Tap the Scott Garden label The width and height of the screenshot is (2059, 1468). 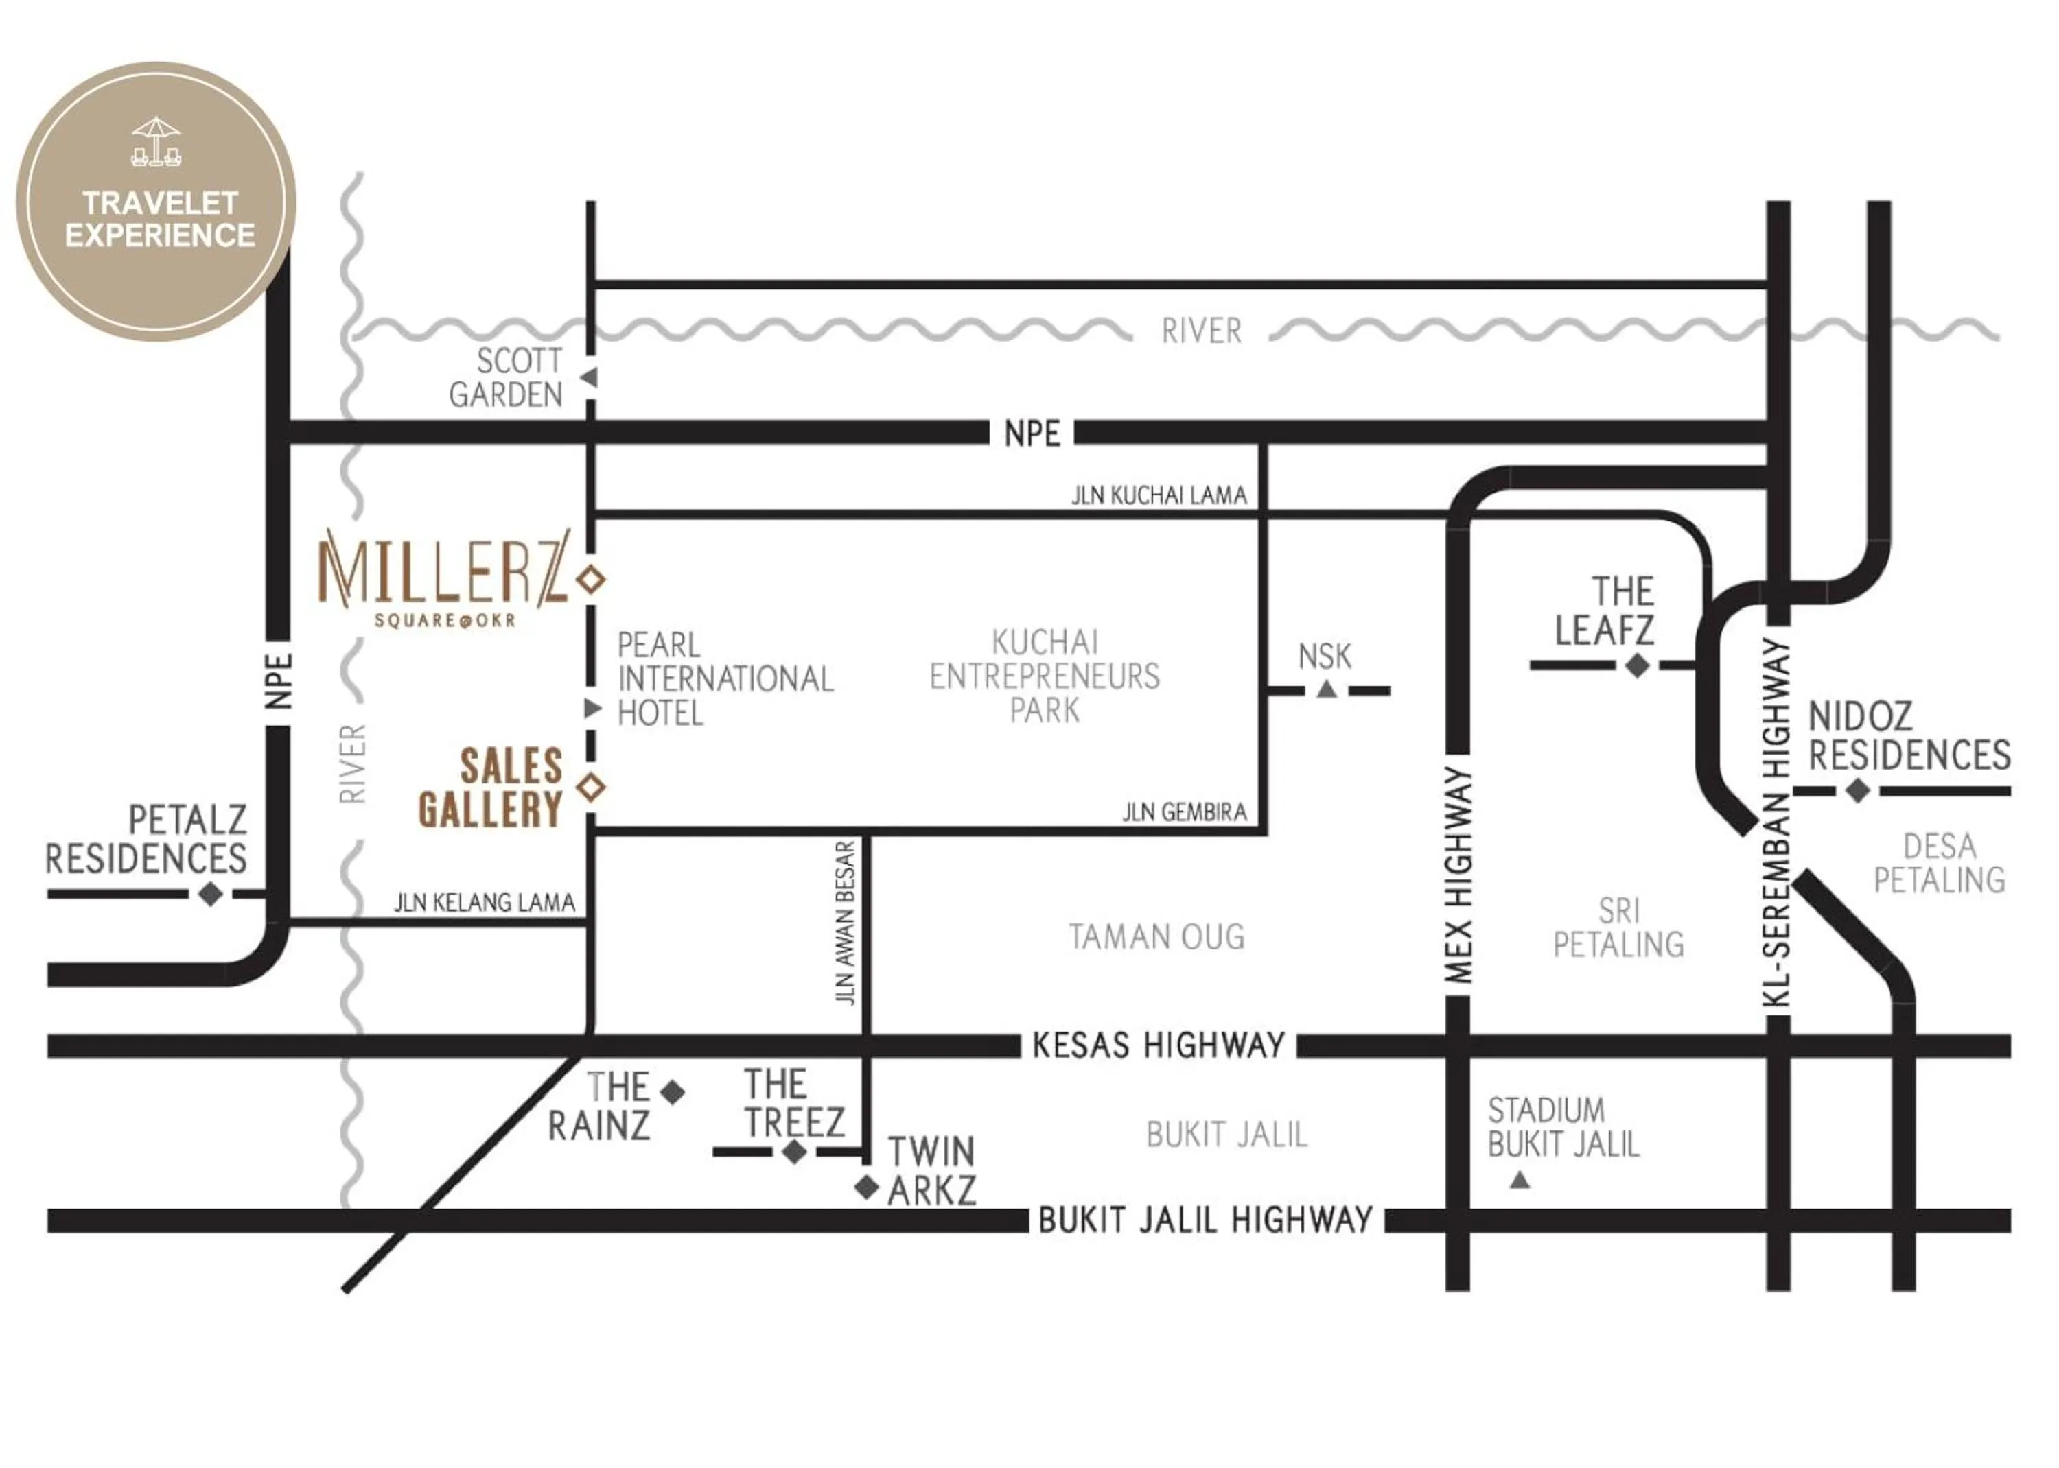(507, 378)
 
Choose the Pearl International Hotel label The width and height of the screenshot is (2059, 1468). (723, 679)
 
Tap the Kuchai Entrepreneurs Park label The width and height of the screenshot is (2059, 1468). (1045, 676)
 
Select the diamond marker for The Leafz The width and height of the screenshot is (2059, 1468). (1637, 666)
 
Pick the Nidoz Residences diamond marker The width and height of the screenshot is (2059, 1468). (1857, 791)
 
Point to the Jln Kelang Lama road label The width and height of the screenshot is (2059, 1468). (484, 902)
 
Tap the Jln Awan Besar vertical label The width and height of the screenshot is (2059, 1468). (846, 923)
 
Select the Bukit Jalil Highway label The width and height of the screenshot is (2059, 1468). (1205, 1220)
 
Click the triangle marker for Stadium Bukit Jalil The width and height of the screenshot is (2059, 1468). (1520, 1180)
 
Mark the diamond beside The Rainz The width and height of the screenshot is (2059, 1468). (672, 1093)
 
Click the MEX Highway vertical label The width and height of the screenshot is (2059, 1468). (1458, 875)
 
